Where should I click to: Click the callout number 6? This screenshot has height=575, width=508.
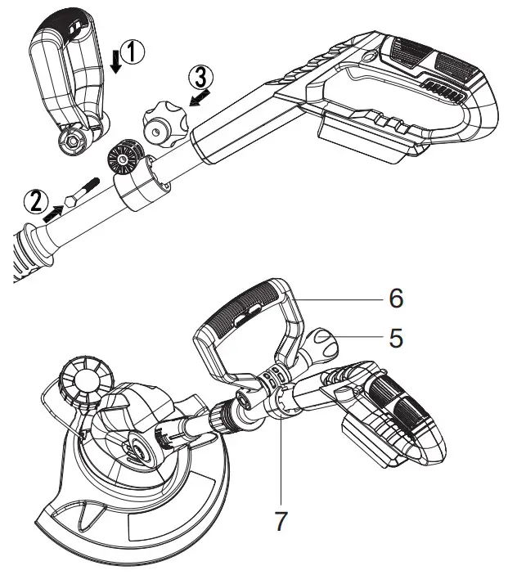[395, 299]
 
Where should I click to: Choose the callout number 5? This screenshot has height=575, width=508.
[395, 338]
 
